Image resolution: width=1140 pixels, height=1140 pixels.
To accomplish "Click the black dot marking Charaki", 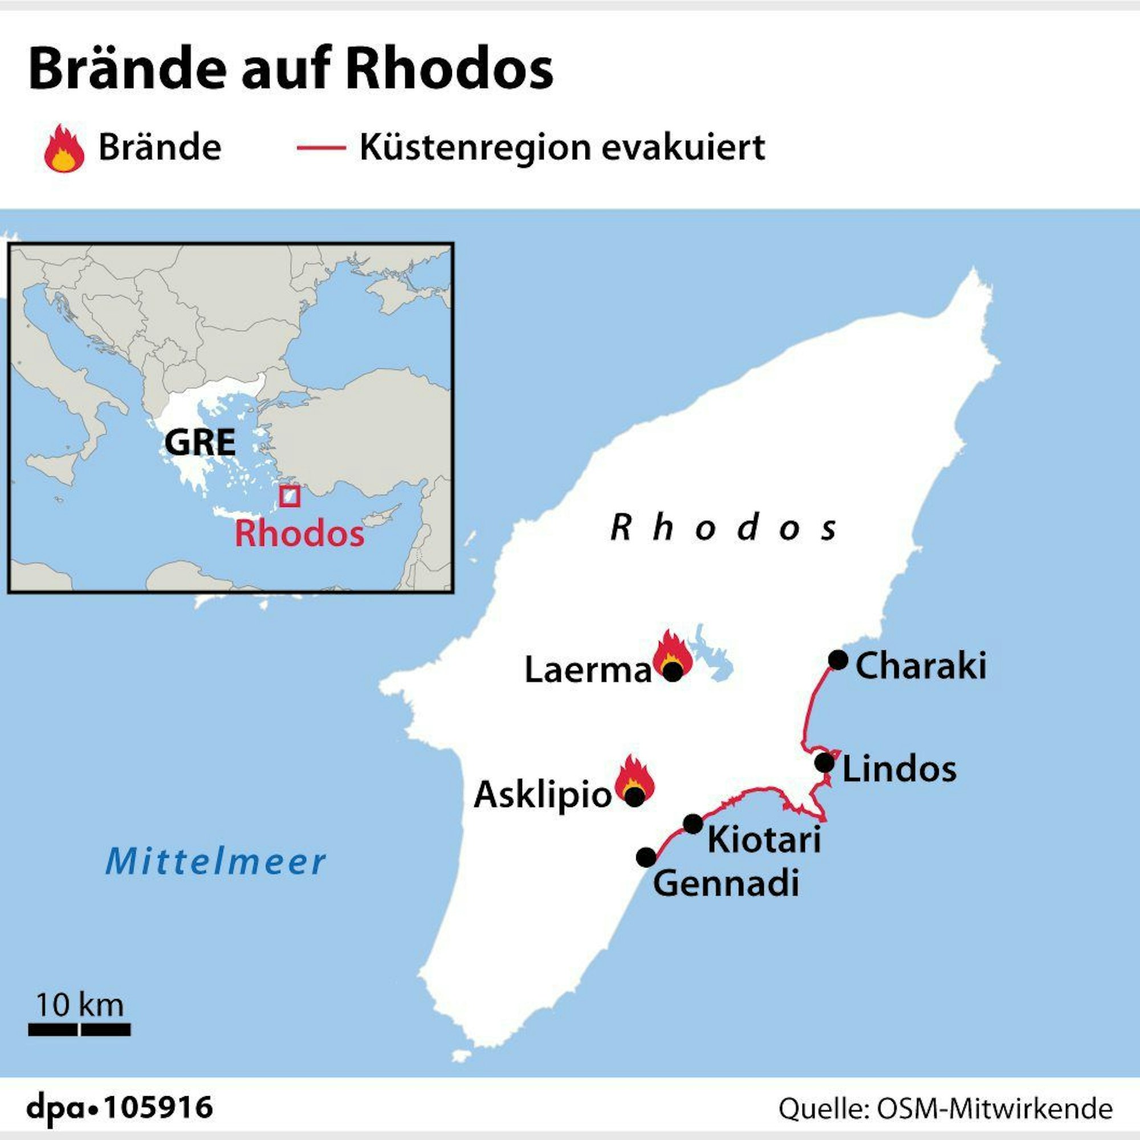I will point(838,659).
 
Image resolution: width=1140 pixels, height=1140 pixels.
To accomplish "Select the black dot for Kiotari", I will point(693,824).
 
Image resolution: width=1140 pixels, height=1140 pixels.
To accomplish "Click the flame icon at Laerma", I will point(673,654).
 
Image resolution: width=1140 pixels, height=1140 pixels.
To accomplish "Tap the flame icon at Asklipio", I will point(634,777).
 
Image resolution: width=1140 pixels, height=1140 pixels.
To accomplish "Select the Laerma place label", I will point(588,670).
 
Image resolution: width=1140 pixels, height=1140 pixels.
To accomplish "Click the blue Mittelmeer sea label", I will point(215,861).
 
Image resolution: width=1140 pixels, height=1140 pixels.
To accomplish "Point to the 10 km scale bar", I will point(79,1029).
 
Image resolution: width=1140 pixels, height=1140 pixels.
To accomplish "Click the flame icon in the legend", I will point(64,149).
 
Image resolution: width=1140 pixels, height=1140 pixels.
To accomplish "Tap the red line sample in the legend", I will point(320,148).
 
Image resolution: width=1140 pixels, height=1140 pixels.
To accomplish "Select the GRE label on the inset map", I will point(199,442).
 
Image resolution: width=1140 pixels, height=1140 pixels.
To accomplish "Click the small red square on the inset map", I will point(290,496).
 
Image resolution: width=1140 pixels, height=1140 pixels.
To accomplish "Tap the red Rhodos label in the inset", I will point(299,534).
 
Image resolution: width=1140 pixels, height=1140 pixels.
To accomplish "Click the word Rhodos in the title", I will point(449,70).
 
